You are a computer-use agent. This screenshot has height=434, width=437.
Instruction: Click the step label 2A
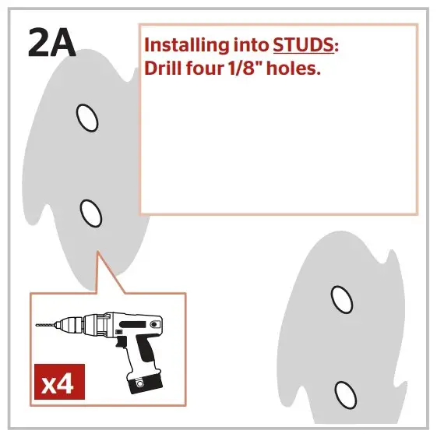pyautogui.click(x=51, y=45)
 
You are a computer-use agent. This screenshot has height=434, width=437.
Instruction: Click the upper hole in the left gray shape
pyautogui.click(x=87, y=118)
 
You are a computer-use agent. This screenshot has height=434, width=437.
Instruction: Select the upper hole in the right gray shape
pyautogui.click(x=340, y=298)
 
